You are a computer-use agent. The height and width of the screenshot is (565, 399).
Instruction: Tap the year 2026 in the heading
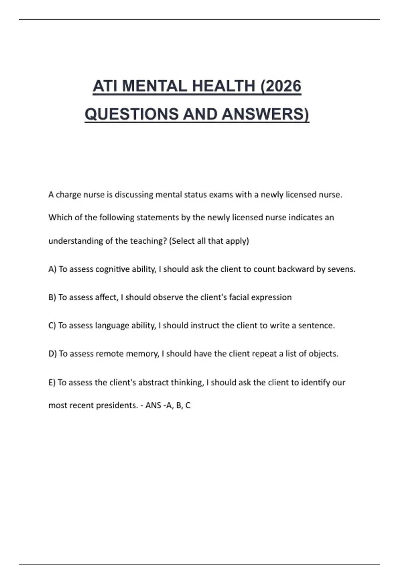coord(283,86)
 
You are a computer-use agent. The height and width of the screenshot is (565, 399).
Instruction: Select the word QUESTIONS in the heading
coord(132,114)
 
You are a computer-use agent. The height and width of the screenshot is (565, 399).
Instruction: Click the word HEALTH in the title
coord(223,86)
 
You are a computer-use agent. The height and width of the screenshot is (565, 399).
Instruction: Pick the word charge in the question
coord(68,195)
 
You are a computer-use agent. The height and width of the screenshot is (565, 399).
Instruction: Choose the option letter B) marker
coord(52,297)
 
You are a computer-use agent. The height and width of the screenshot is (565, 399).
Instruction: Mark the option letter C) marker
coord(52,326)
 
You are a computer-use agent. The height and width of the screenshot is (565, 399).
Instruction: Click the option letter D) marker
coord(53,354)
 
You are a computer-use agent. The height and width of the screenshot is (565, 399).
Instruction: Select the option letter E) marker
coord(52,383)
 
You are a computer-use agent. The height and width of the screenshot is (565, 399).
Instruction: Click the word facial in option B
coord(238,297)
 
